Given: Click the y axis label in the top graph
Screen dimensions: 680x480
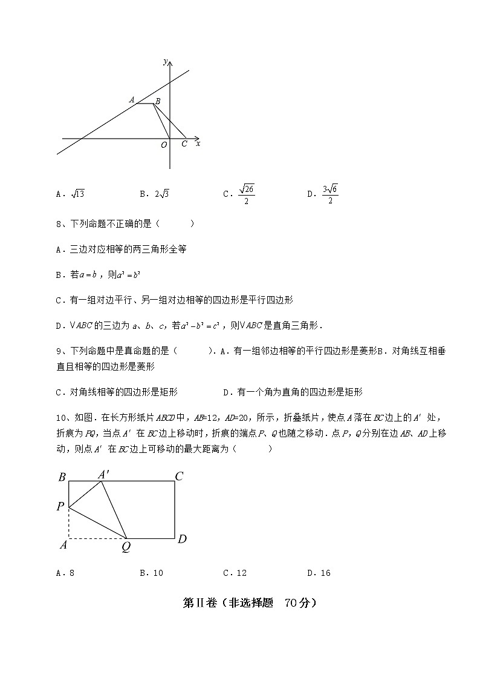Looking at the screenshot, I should pyautogui.click(x=166, y=62).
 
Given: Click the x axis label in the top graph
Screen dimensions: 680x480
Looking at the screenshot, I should pyautogui.click(x=198, y=144).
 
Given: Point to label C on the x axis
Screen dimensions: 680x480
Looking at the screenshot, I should pyautogui.click(x=184, y=144).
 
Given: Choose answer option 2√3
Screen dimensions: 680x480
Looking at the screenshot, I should pyautogui.click(x=163, y=194).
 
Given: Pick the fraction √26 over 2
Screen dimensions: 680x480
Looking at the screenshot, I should pyautogui.click(x=246, y=194).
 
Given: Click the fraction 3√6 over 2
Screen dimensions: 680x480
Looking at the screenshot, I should pyautogui.click(x=330, y=194).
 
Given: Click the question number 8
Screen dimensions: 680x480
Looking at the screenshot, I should pyautogui.click(x=59, y=224).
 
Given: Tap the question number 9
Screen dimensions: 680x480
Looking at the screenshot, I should pyautogui.click(x=59, y=351).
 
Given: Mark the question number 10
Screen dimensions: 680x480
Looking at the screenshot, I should pyautogui.click(x=60, y=417).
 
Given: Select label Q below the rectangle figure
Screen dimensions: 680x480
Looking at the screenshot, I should pyautogui.click(x=126, y=547).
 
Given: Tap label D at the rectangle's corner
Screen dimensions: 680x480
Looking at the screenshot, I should pyautogui.click(x=181, y=538).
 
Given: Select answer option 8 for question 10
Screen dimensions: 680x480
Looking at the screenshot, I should pyautogui.click(x=72, y=573).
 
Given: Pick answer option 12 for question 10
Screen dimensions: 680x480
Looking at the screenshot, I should pyautogui.click(x=241, y=573).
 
